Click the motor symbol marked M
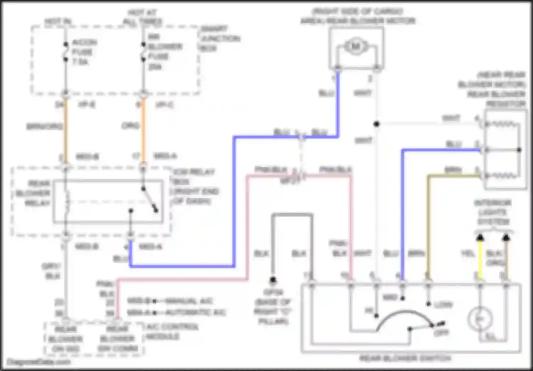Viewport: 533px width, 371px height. (356, 47)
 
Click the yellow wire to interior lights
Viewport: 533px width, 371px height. (480, 259)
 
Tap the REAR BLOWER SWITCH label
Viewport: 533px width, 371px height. (405, 358)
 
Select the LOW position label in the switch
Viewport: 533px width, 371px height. (443, 305)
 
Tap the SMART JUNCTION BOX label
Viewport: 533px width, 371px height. (220, 38)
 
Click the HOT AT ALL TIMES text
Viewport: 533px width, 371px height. (142, 17)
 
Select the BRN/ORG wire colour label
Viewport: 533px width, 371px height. (44, 126)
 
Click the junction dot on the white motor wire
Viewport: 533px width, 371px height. (376, 124)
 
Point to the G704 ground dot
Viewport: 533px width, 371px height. (273, 280)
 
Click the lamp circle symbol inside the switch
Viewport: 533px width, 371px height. (480, 319)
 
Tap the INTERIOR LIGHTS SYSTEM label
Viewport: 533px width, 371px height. (493, 212)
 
